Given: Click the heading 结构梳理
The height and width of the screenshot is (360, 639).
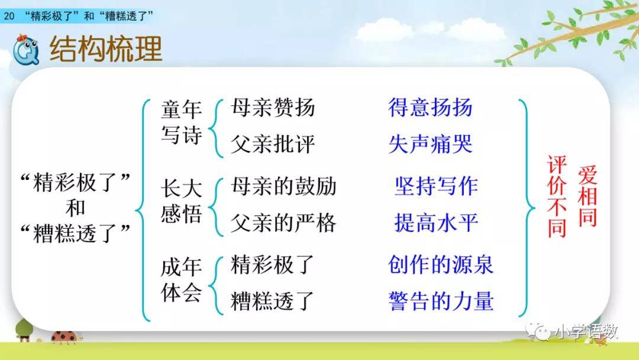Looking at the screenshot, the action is pos(106,49).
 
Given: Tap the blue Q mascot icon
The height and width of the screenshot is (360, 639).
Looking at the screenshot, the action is pos(25,50).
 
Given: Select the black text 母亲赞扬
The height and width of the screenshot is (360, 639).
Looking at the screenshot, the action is pos(273,108).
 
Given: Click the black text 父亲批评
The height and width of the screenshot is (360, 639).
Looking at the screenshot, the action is pos(273,144).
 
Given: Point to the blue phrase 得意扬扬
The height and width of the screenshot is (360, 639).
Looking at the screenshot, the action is pos(430,108).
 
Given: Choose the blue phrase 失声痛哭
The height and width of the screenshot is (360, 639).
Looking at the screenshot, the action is pos(430,144).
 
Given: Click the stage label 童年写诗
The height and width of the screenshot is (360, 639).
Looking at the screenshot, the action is pos(182,122).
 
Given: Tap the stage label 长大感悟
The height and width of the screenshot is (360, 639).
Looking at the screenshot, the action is pos(182,201).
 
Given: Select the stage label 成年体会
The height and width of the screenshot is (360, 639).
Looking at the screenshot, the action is pos(182,279).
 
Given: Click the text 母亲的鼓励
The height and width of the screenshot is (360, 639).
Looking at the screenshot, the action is pos(283,187).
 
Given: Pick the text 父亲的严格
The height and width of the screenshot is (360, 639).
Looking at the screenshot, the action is pos(283,223).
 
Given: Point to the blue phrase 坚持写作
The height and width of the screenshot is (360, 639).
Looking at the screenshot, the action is pos(436,187).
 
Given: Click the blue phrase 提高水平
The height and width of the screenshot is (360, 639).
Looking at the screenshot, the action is pos(436,223).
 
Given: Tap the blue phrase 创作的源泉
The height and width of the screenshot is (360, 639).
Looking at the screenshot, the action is pos(441,265).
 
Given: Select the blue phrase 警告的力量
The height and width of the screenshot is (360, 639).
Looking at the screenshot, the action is pos(441,301).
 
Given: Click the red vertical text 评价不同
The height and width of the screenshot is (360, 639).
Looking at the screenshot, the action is pos(557,196).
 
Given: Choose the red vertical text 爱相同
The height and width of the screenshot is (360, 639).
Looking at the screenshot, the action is pos(588,196).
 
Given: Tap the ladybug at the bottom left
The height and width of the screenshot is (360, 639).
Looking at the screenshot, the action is pos(64,336).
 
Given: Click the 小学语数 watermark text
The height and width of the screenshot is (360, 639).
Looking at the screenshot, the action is pos(587,332).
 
